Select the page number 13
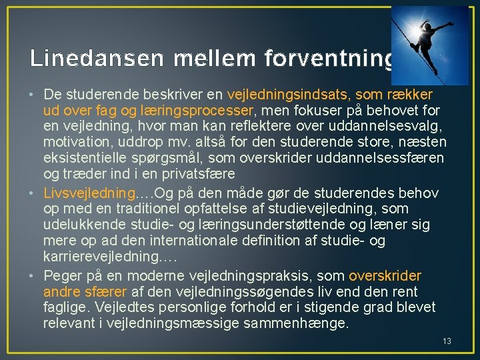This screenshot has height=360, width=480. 447,341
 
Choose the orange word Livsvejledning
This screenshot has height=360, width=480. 89,193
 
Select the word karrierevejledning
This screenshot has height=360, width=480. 99,257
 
